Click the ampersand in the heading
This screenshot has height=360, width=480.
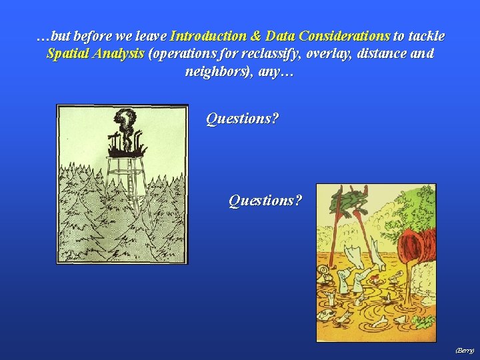256,35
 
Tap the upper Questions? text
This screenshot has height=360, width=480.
243,119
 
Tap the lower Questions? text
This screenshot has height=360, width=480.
265,200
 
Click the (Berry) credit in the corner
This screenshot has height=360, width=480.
464,349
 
